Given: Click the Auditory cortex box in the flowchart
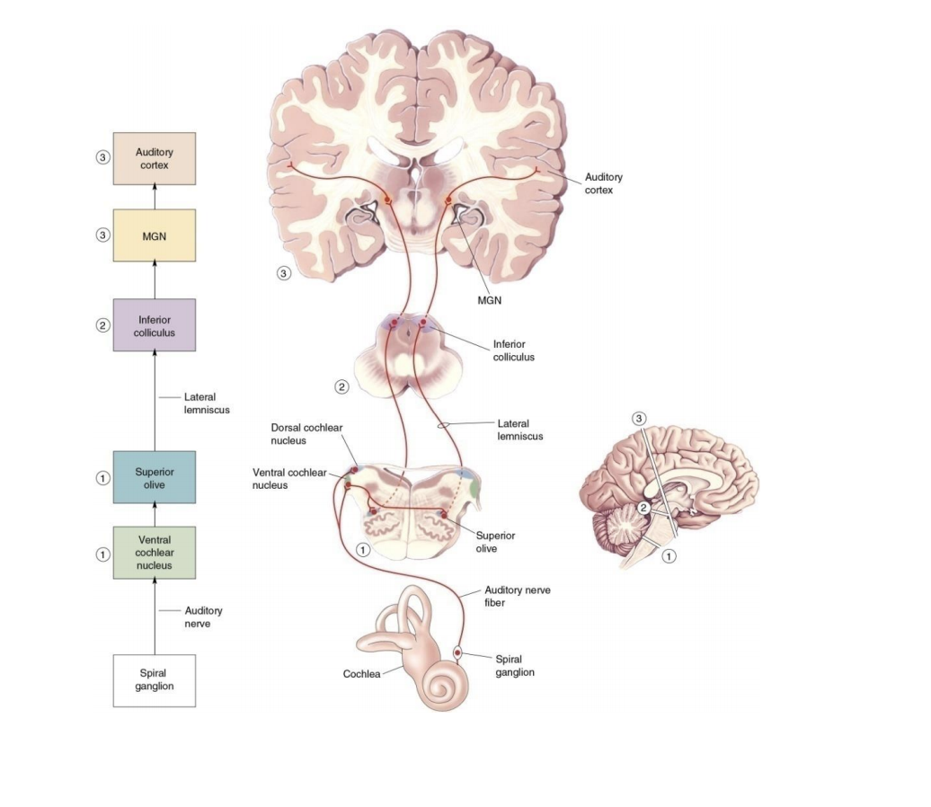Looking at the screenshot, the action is [x=154, y=159].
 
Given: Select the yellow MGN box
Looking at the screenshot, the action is [x=154, y=235].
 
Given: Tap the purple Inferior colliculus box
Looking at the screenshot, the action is [x=154, y=324].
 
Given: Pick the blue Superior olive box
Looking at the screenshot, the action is [x=154, y=477].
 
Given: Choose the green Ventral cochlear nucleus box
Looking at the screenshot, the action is [x=154, y=553].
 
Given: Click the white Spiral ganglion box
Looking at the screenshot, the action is [x=154, y=679].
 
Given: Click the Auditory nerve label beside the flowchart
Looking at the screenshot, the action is [x=202, y=616].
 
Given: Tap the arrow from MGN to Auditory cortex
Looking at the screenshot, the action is [x=154, y=197].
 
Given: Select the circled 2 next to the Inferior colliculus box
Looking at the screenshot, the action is [x=103, y=325].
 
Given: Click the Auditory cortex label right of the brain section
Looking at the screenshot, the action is [x=603, y=183].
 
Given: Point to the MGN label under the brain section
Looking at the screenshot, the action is [x=490, y=299].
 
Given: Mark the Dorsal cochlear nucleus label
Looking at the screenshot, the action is [x=306, y=433].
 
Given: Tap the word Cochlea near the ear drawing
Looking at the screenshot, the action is [x=364, y=673].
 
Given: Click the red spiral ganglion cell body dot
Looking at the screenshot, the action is [x=458, y=652].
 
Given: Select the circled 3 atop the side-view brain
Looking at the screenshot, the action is [x=639, y=419].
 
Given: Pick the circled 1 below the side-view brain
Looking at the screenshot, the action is [x=669, y=556].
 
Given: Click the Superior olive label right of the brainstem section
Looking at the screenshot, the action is [x=495, y=541].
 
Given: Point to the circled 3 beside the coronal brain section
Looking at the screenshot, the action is [x=284, y=272].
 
